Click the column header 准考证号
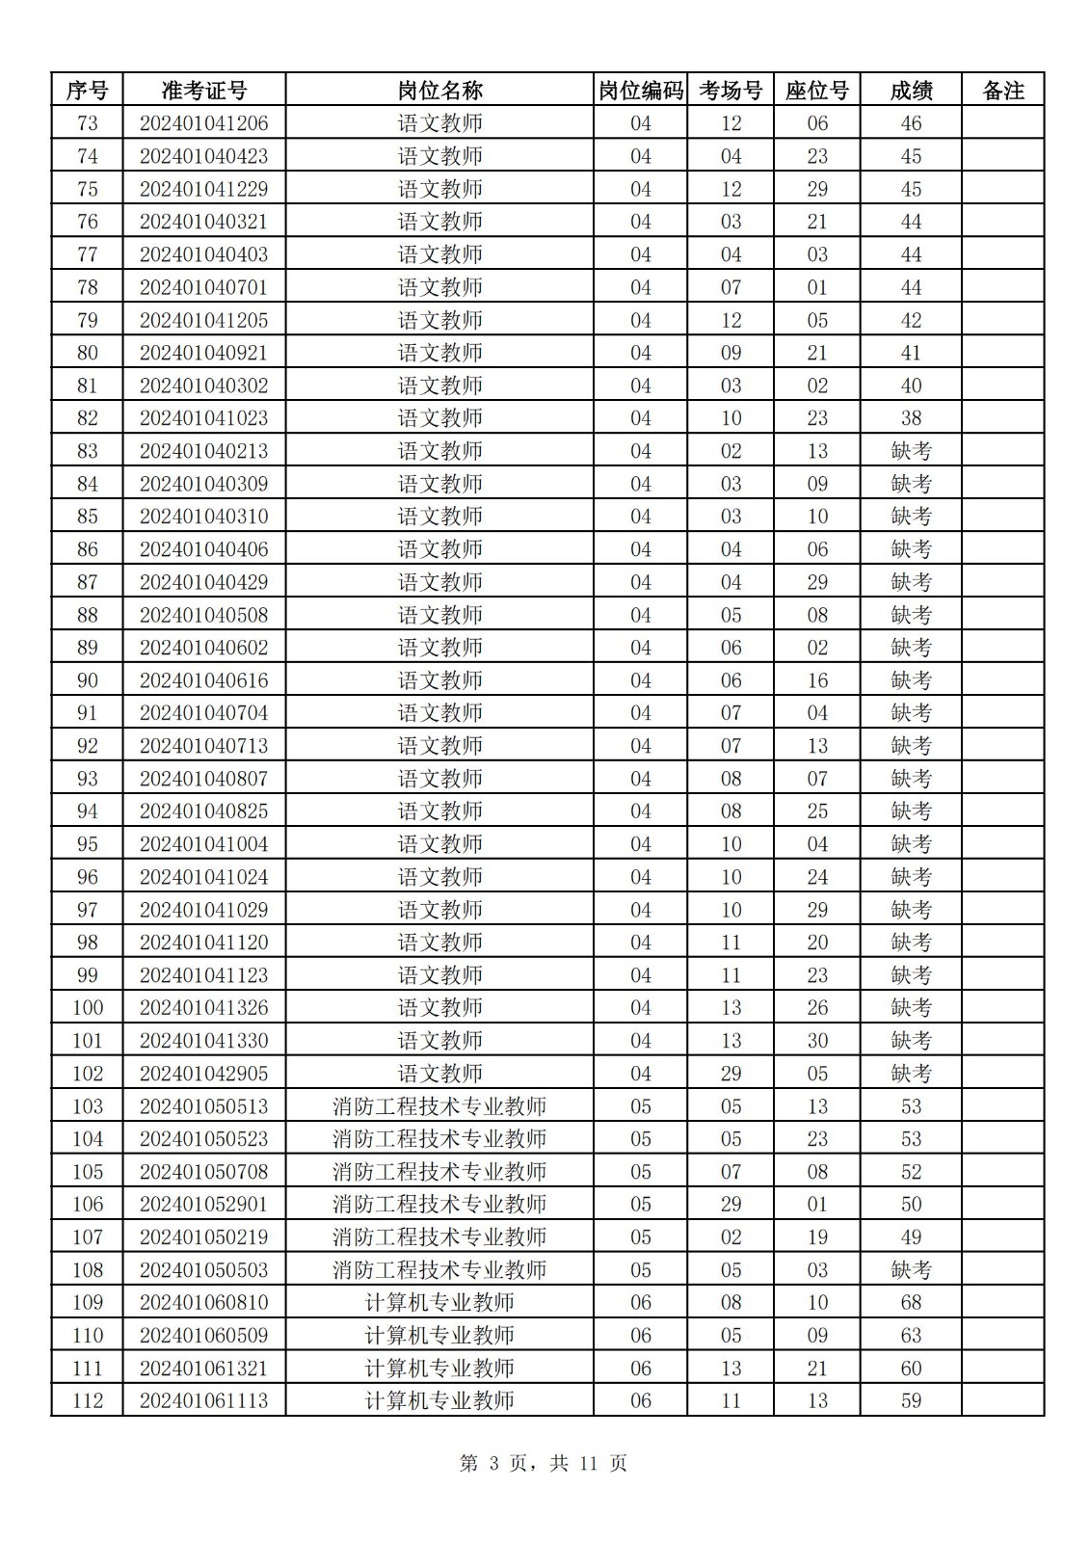point(204,91)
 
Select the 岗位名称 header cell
point(439,91)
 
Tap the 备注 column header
point(1002,91)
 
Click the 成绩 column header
point(911,91)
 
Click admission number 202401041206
point(204,123)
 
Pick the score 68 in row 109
point(911,1303)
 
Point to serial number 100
point(88,1008)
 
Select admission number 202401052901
point(204,1205)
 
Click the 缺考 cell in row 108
point(911,1270)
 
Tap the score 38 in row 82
point(911,418)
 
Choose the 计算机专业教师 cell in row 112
point(439,1401)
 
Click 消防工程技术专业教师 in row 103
point(439,1106)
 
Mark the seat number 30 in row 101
point(817,1041)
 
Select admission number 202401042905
point(204,1074)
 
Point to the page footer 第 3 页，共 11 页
point(544,1464)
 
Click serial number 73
point(88,123)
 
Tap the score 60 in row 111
point(911,1369)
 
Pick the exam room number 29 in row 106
point(731,1205)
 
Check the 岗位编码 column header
point(641,91)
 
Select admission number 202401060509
point(204,1336)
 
